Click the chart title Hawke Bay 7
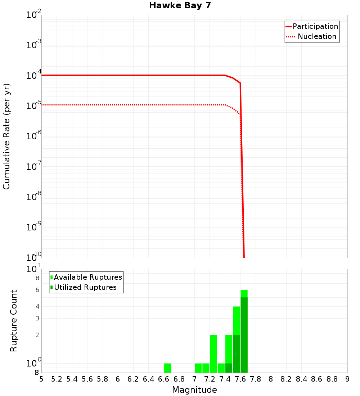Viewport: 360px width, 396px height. tap(180, 6)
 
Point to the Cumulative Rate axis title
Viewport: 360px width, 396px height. tap(6, 136)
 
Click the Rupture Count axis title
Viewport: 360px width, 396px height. tap(14, 320)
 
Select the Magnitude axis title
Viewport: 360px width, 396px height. tap(194, 390)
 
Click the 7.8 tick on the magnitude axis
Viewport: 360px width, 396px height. tap(256, 379)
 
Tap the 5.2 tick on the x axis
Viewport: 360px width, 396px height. tap(57, 379)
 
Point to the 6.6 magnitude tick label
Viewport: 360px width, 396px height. tap(164, 379)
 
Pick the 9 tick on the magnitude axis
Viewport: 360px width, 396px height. tap(347, 379)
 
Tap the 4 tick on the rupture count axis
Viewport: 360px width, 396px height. tap(37, 306)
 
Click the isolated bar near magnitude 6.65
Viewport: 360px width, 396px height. tap(167, 368)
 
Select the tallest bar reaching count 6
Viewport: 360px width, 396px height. tap(244, 331)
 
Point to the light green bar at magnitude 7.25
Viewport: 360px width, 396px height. tap(213, 354)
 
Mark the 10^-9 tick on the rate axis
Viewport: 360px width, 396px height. tap(34, 228)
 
